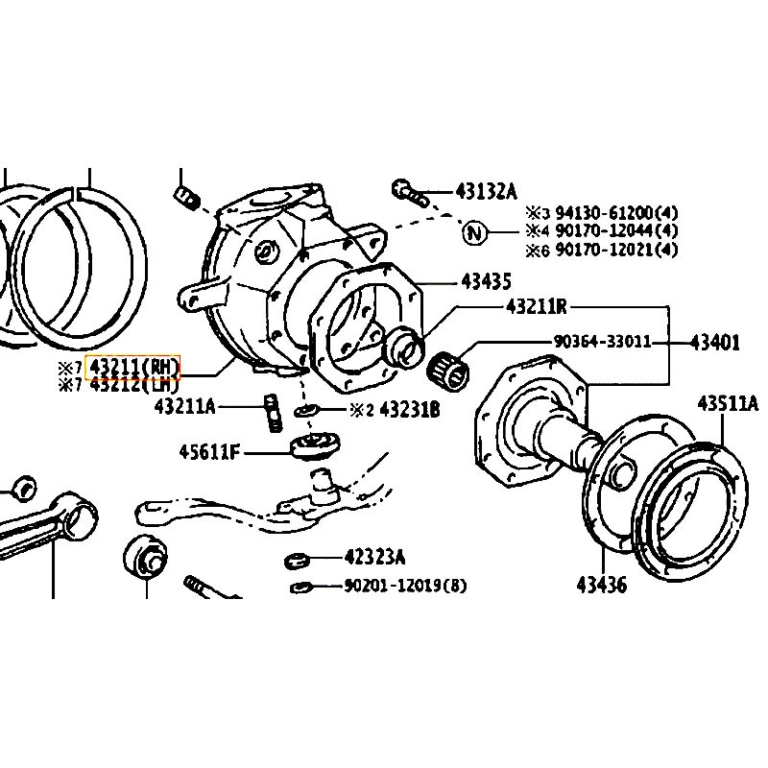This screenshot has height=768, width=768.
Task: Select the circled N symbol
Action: pos(474,231)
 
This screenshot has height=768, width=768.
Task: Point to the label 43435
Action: pos(486,281)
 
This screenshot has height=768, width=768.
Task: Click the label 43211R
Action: pos(536,307)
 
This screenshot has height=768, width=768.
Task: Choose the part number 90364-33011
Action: pos(603,341)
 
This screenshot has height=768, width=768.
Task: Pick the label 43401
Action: pos(715,341)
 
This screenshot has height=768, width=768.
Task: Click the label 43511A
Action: pos(727,403)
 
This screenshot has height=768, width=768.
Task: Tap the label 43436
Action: pos(601,583)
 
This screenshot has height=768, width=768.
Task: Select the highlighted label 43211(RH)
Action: pos(133,366)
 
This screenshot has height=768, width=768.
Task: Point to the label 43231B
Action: pos(409,410)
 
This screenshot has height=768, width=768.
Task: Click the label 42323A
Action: pos(374,557)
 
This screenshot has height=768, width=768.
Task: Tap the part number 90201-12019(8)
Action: pos(404,586)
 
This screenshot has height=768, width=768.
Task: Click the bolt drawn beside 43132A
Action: pos(408,192)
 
